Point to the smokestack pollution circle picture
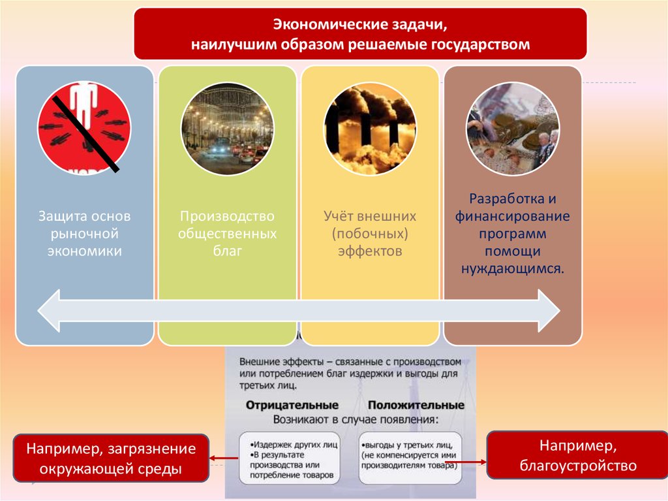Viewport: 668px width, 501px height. (369, 128)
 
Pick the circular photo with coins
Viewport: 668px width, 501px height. (512, 128)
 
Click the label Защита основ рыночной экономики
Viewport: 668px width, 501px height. (85, 233)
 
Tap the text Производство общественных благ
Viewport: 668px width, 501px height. (228, 233)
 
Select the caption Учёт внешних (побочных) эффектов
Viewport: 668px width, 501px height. (369, 233)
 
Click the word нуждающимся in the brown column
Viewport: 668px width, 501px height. (512, 268)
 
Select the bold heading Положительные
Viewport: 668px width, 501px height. (416, 405)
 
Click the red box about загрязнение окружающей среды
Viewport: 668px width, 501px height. (111, 459)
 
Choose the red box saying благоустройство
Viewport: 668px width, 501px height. (577, 455)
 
